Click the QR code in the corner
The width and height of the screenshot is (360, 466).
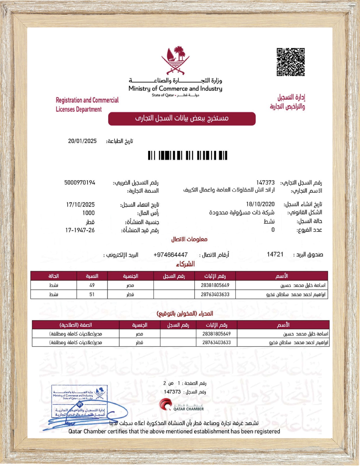[x=290, y=62]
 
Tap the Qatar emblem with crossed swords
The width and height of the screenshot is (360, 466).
[x=175, y=60]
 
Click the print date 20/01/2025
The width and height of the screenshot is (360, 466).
[x=82, y=141]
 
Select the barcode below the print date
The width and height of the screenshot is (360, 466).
[x=187, y=155]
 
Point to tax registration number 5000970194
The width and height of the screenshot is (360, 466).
[x=80, y=183]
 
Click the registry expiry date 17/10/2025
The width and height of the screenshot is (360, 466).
[x=80, y=204]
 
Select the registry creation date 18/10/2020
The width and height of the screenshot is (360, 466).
[x=260, y=204]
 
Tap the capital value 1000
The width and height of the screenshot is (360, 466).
[x=88, y=213]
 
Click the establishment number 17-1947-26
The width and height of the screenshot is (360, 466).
[x=80, y=230]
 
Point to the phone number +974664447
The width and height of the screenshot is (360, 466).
[x=171, y=255]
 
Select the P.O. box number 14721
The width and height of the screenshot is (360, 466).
[x=275, y=254]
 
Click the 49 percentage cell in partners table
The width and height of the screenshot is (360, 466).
[x=92, y=285]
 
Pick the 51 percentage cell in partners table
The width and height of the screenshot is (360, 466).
[x=92, y=294]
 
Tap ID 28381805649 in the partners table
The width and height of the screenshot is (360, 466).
[x=215, y=285]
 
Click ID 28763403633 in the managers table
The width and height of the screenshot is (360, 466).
[x=216, y=343]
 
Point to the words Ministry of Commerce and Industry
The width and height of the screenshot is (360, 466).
[x=175, y=89]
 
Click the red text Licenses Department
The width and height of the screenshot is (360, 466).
[x=79, y=109]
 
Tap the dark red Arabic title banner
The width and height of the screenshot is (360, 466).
[x=182, y=119]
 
